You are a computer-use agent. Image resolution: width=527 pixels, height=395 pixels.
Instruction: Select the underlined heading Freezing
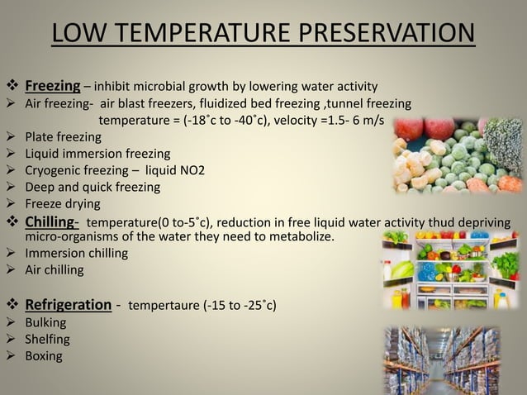pyautogui.click(x=52, y=85)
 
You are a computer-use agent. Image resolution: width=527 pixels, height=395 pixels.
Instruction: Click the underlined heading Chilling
pyautogui.click(x=52, y=222)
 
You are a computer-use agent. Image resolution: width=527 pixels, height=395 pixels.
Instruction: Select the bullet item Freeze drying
pyautogui.click(x=62, y=203)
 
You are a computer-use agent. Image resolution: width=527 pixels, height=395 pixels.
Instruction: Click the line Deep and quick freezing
pyautogui.click(x=92, y=187)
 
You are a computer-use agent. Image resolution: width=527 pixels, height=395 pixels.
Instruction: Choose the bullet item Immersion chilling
pyautogui.click(x=76, y=253)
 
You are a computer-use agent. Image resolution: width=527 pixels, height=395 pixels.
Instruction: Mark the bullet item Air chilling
pyautogui.click(x=54, y=269)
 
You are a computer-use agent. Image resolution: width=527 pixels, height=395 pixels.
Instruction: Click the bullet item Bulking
pyautogui.click(x=45, y=322)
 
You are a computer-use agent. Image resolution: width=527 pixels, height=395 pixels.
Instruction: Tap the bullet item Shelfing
pyautogui.click(x=47, y=339)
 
